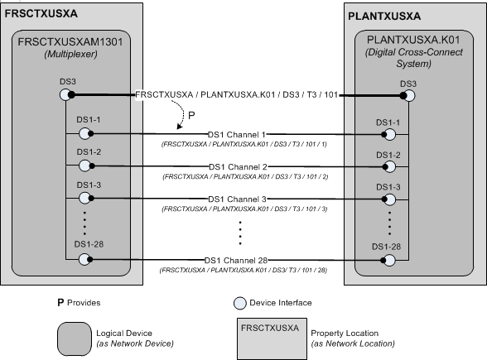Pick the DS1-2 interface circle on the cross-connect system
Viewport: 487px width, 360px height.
point(387,166)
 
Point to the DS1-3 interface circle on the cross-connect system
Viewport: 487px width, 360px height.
point(387,198)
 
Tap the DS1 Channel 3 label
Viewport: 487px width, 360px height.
point(238,199)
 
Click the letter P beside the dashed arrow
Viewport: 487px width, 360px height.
point(192,115)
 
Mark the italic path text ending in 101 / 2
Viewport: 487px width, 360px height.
point(244,176)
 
